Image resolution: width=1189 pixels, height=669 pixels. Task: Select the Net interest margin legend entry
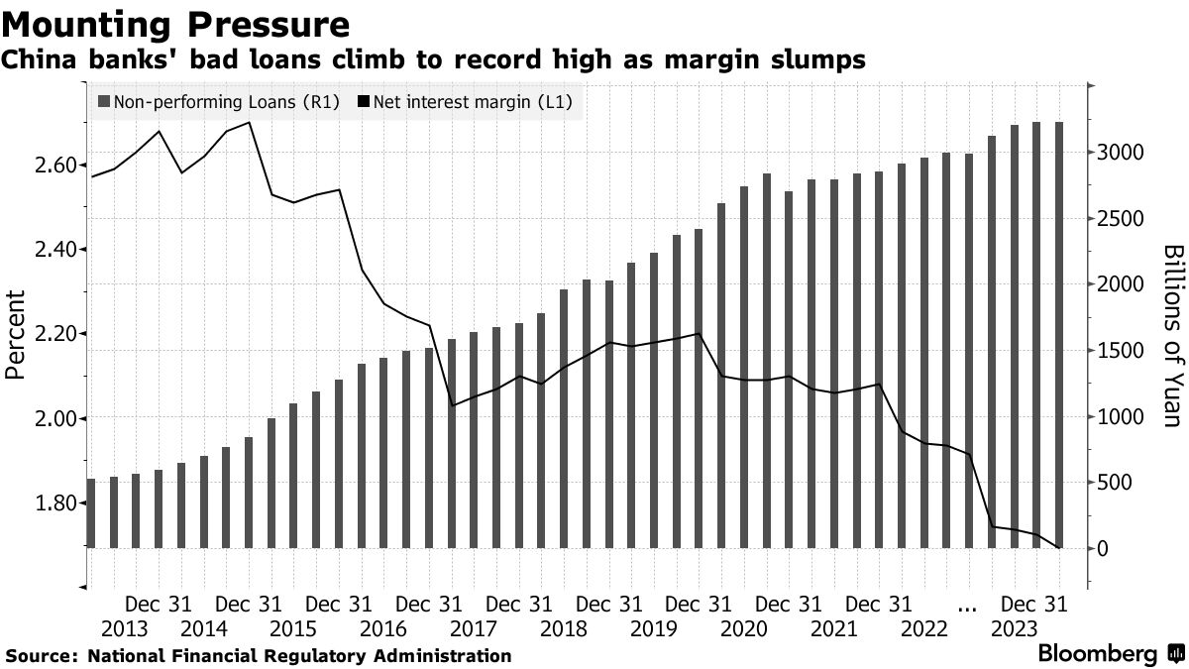pyautogui.click(x=463, y=101)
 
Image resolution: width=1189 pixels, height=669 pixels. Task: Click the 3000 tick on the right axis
pyautogui.click(x=1120, y=153)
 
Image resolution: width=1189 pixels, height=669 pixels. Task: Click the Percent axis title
pyautogui.click(x=15, y=335)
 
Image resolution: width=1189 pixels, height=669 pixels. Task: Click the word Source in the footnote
pyautogui.click(x=39, y=655)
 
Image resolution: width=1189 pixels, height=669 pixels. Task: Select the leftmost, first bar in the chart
pyautogui.click(x=91, y=512)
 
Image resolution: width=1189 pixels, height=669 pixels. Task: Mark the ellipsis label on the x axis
pyautogui.click(x=969, y=605)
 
